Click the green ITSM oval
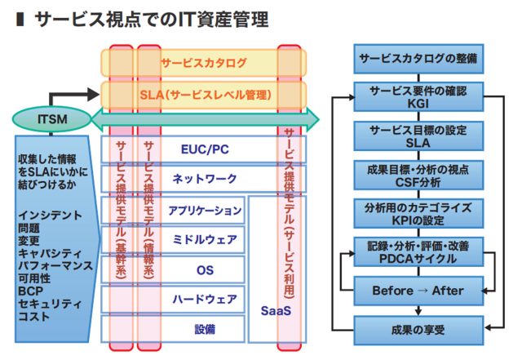(52, 119)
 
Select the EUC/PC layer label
(205, 149)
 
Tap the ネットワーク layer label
(205, 179)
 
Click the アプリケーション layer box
(173, 210)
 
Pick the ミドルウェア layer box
(173, 240)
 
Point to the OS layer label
(205, 270)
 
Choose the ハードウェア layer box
(173, 300)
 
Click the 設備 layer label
(205, 329)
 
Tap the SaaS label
(276, 311)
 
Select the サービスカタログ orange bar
(204, 63)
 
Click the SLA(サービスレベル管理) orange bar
(204, 95)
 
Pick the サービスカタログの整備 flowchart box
(418, 59)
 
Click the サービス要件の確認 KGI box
(418, 97)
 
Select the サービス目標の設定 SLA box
(418, 136)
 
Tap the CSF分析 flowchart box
(418, 176)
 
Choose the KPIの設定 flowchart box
(418, 214)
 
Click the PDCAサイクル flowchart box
(418, 252)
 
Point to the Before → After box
(418, 291)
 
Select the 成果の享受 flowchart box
(418, 331)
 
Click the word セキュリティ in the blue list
(50, 304)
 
